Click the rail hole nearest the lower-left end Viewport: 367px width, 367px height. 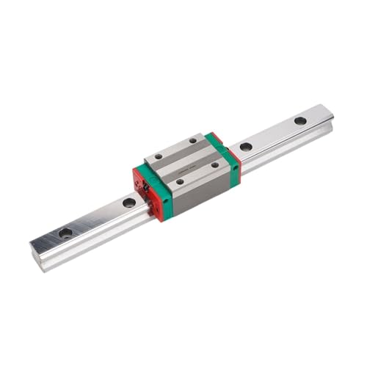(65, 233)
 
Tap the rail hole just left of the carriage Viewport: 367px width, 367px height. (129, 202)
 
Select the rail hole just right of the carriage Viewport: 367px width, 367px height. (246, 147)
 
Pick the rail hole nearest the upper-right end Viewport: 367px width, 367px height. (300, 120)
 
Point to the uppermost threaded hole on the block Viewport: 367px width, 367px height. (193, 140)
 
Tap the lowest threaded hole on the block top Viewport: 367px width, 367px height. (180, 181)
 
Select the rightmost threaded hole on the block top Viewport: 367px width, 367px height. (215, 164)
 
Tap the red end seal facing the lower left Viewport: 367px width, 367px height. (142, 192)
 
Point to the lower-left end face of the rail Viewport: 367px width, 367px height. (35, 253)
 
